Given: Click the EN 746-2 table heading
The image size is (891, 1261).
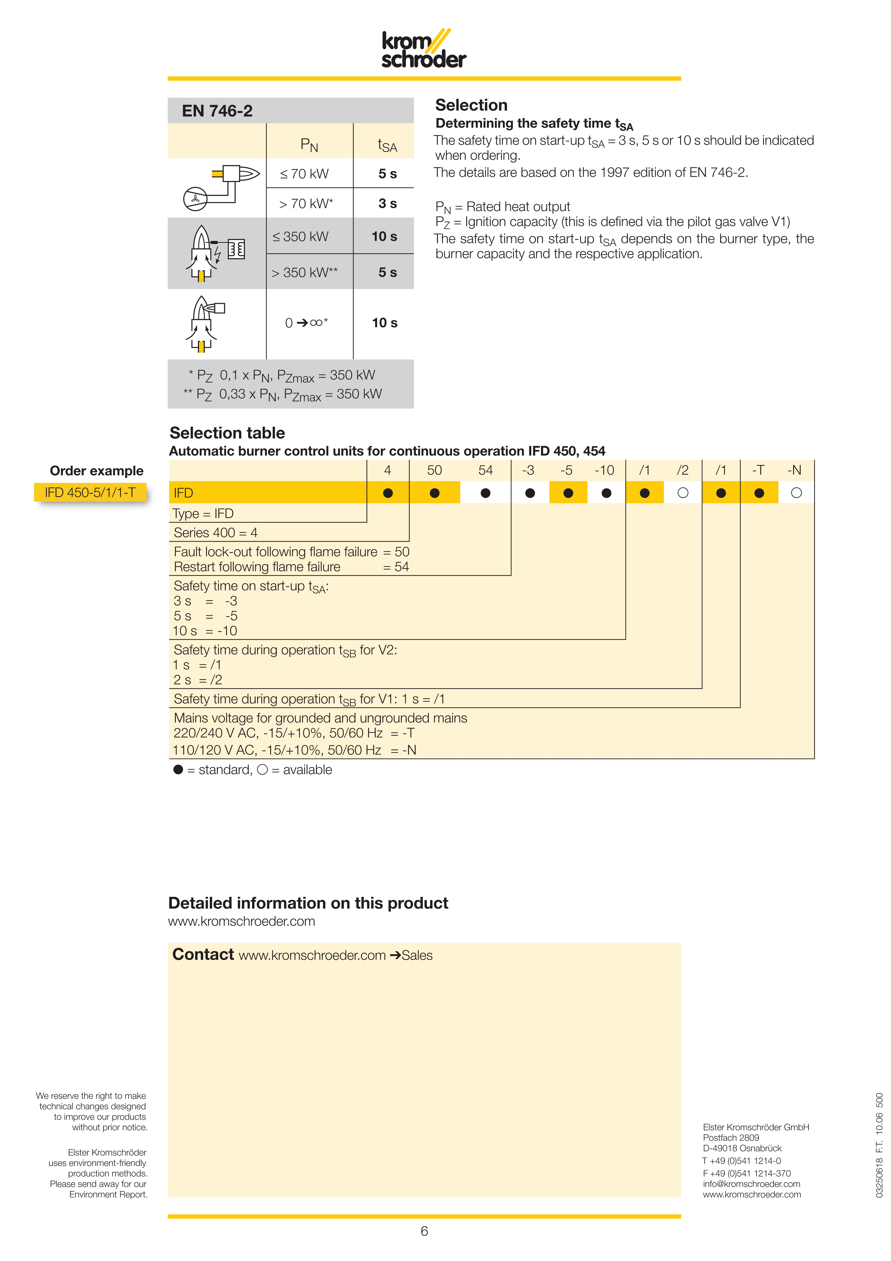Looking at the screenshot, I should coord(217,111).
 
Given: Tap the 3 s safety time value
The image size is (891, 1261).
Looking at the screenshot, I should coord(387,204).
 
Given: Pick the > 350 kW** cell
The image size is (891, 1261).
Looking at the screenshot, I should coord(305,272).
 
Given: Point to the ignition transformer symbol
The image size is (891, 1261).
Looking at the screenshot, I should coord(236,249).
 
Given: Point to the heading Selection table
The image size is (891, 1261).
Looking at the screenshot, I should coord(227,433).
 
